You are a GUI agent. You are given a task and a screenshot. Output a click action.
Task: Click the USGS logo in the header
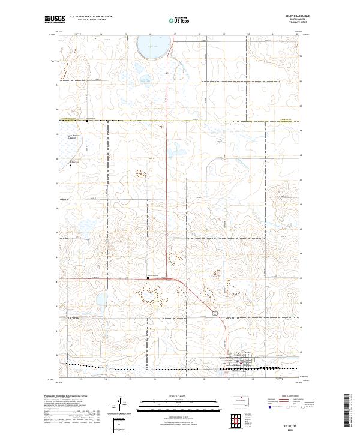tap(54, 19)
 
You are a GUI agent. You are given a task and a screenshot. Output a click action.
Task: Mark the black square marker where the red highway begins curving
tap(148, 278)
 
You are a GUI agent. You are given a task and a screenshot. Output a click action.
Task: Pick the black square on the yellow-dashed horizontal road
tap(86, 121)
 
